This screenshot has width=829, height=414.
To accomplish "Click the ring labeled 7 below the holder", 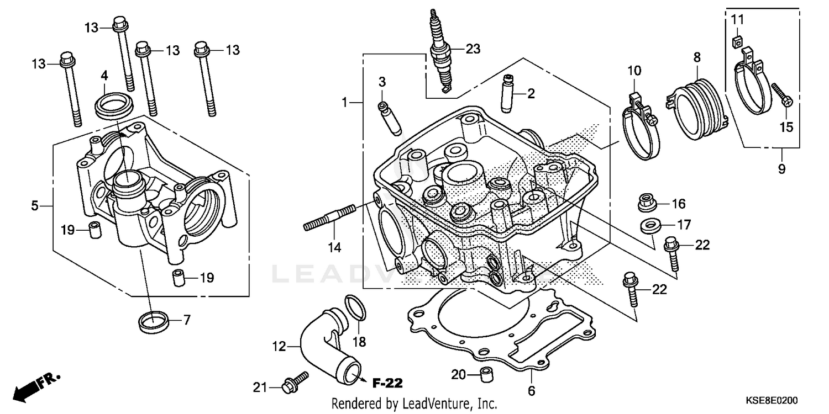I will [x=151, y=322].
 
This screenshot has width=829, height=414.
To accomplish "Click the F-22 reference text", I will [x=387, y=383].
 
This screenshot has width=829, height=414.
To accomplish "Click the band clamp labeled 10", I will [x=638, y=127].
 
